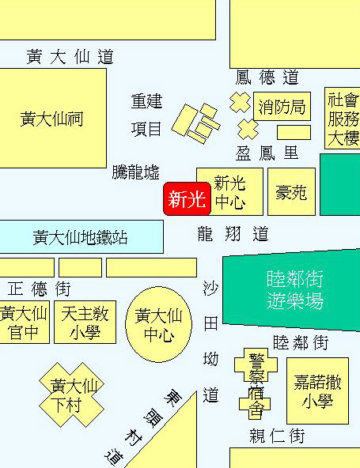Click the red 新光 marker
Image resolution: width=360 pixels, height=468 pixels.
coord(188,198)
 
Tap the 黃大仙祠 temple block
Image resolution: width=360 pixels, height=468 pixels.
coord(53,119)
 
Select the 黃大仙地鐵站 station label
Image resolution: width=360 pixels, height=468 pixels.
coord(80,238)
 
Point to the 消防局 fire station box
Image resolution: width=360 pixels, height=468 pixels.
coord(282,106)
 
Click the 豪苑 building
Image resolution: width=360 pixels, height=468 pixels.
coord(291,191)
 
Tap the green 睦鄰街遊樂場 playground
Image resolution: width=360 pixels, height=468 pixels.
coord(291,290)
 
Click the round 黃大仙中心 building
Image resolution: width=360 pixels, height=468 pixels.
coord(159,324)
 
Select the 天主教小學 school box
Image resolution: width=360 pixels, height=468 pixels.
coord(85,323)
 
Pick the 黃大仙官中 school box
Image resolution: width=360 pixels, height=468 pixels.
coord(25,323)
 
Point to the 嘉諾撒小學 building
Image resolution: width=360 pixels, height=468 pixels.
coord(317,391)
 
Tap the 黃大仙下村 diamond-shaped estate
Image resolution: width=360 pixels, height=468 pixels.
coord(72,395)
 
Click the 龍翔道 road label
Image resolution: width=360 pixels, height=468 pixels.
coord(233,234)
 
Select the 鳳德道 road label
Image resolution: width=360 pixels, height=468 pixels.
coord(267,77)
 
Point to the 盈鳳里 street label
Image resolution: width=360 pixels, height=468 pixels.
coord(267,153)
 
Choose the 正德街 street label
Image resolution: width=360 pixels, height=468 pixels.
coord(39,289)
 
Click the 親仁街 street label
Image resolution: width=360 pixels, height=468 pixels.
coord(277,436)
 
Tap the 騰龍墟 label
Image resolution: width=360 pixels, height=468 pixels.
coord(135,172)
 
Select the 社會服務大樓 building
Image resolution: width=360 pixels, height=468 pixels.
coord(343,119)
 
